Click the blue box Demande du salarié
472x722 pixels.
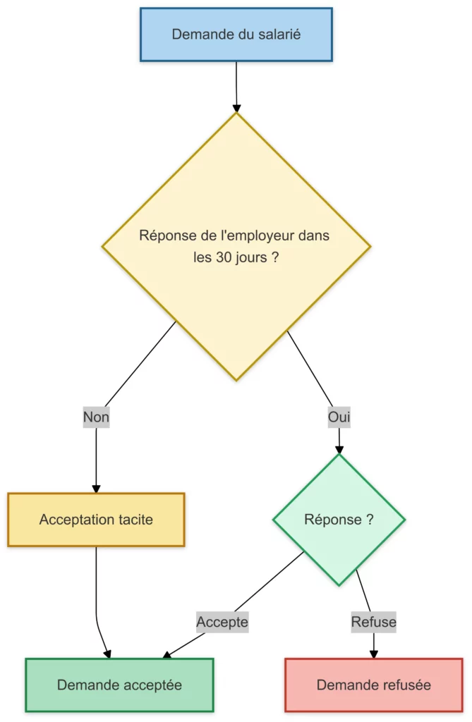(236, 35)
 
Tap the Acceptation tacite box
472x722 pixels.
(96, 520)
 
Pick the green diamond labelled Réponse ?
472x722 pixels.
(339, 520)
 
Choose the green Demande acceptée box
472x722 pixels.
(119, 685)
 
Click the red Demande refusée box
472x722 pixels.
(373, 685)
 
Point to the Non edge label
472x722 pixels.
(96, 417)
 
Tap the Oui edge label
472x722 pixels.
(339, 417)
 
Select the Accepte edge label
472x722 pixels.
(222, 623)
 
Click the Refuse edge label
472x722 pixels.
(373, 623)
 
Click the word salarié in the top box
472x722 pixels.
(278, 34)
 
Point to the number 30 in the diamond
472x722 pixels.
(224, 257)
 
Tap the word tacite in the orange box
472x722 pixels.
(133, 520)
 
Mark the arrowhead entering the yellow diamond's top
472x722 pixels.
(236, 107)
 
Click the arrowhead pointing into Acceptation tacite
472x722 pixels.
(96, 489)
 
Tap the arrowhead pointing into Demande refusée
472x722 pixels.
(373, 654)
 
